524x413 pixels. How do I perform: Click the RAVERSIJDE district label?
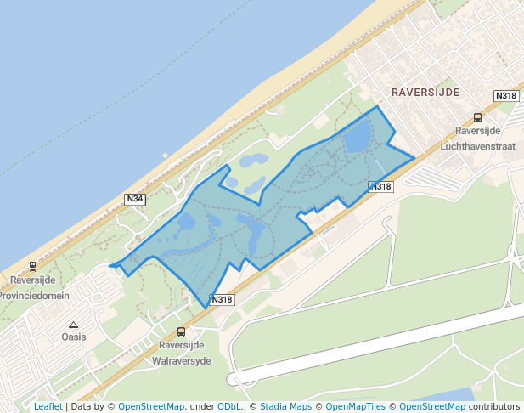point(425,91)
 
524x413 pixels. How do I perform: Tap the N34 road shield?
point(134,199)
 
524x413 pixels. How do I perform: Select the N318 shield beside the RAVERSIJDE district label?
point(505,96)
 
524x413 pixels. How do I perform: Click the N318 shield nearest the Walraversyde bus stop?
point(222,299)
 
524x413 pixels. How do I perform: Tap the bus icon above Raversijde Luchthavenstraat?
point(477,118)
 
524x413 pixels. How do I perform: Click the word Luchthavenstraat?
point(478,146)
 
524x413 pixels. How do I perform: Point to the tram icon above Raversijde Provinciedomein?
point(32,266)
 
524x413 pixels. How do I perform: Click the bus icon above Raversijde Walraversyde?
point(180,332)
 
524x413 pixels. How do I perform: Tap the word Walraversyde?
point(181,360)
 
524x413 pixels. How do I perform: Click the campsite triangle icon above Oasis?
point(74,325)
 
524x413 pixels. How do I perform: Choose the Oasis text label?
point(74,337)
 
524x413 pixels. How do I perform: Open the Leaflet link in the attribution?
point(48,406)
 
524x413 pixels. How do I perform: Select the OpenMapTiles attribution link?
point(355,406)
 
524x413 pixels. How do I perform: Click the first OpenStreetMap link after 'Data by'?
point(151,406)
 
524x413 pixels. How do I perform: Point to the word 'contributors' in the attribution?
point(494,406)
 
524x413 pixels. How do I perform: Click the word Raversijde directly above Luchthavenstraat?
point(477,131)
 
